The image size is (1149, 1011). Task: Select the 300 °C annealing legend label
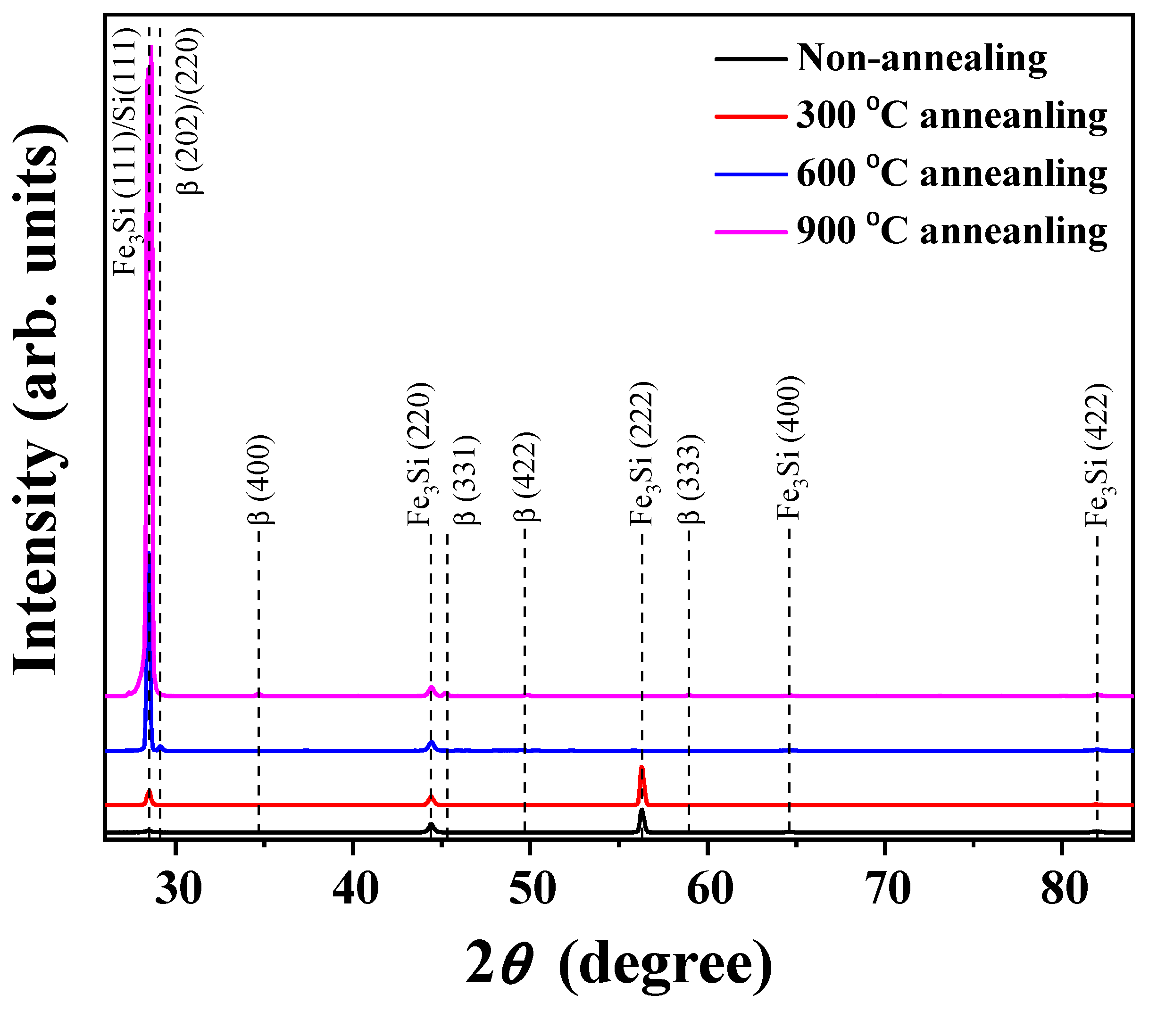click(x=951, y=116)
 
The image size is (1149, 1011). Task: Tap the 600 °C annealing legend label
click(x=951, y=174)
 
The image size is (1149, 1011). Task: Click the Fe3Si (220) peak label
click(x=420, y=454)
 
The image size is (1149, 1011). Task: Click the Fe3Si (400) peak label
click(x=791, y=448)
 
